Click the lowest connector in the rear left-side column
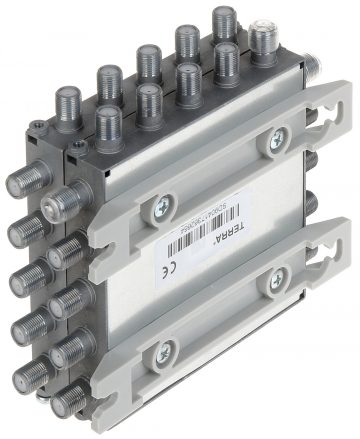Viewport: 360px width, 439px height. click(x=29, y=377)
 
